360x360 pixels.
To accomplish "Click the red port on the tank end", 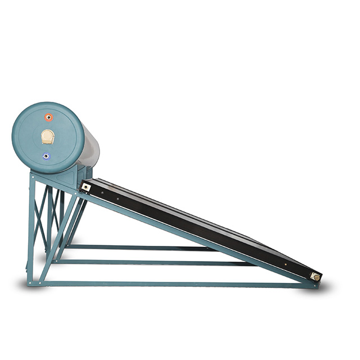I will [x=49, y=118].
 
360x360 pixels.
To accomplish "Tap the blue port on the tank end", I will [x=46, y=156].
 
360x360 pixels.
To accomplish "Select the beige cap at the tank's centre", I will [x=48, y=137].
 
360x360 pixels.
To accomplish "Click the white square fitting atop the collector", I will [x=85, y=187].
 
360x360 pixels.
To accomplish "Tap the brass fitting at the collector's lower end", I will [x=316, y=277].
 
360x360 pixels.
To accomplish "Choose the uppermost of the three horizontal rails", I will [x=141, y=247].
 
